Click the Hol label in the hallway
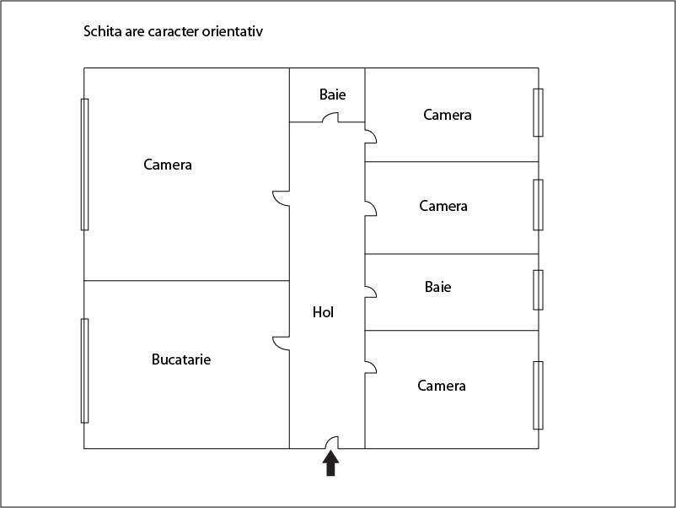point(323,312)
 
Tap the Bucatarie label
point(181,359)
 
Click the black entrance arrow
point(330,463)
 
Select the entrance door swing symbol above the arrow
point(332,442)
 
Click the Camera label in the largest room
point(168,165)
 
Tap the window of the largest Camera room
point(85,165)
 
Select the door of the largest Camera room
point(281,198)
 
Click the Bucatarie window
point(85,370)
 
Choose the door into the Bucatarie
point(281,343)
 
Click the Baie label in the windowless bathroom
point(332,95)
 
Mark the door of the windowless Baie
point(330,117)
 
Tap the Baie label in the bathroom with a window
point(438,287)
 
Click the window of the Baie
point(538,290)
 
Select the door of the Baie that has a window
point(371,292)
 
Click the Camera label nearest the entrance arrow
point(442,386)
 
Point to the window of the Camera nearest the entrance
point(538,396)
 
